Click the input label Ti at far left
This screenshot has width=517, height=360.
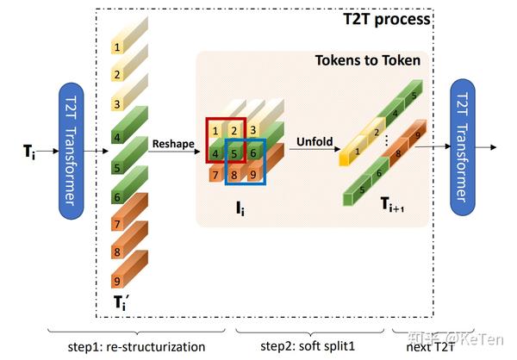[x=31, y=151]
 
